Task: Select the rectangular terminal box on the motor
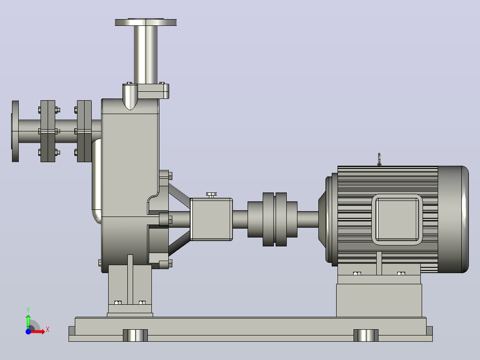[397, 219]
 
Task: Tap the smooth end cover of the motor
[453, 219]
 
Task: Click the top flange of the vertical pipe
[146, 22]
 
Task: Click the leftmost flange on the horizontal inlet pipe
[15, 131]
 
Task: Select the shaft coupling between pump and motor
[273, 219]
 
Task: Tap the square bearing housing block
[211, 219]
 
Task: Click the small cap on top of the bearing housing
[211, 195]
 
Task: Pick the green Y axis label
[28, 310]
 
